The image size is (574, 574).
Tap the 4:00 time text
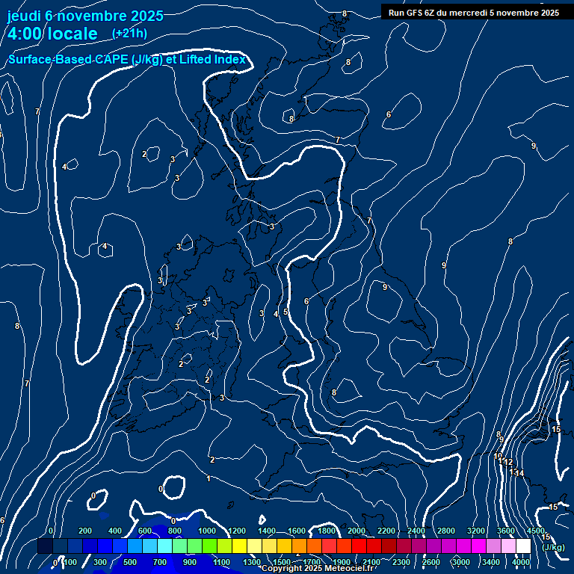pyautogui.click(x=25, y=34)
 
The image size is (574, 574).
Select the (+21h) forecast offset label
pyautogui.click(x=129, y=33)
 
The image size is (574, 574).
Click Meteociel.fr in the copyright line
pyautogui.click(x=350, y=569)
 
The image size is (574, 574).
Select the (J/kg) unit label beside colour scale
pyautogui.click(x=553, y=547)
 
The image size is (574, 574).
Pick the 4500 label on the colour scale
pyautogui.click(x=535, y=531)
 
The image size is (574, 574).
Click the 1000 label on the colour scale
pyautogui.click(x=206, y=531)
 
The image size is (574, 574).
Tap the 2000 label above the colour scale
pyautogui.click(x=357, y=531)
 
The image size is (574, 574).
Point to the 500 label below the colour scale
pyautogui.click(x=130, y=562)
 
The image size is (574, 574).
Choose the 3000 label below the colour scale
pyautogui.click(x=460, y=562)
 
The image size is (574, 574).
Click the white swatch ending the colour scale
pyautogui.click(x=523, y=546)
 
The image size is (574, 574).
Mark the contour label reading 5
pyautogui.click(x=286, y=312)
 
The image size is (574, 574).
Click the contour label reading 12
pyautogui.click(x=508, y=463)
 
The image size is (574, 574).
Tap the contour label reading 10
pyautogui.click(x=498, y=456)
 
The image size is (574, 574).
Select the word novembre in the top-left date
pyautogui.click(x=92, y=15)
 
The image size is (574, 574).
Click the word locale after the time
pyautogui.click(x=72, y=34)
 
